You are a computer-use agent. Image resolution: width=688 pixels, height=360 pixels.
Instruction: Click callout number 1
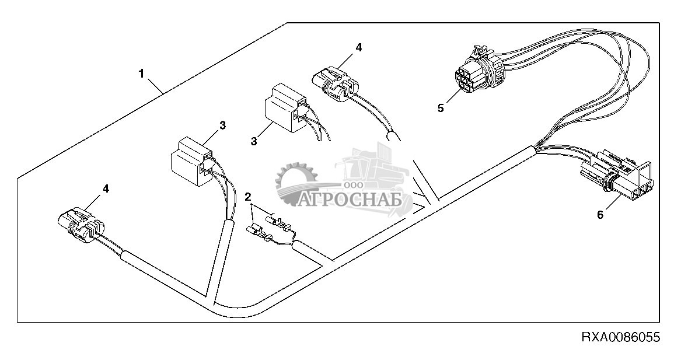[x=141, y=74]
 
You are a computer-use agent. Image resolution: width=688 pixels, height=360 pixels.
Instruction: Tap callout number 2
[x=249, y=195]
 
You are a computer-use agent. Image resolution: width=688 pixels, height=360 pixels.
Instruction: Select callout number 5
[x=441, y=107]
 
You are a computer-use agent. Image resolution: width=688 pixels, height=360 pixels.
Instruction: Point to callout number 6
[x=600, y=214]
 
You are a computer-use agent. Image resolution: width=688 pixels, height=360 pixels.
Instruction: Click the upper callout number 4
[x=359, y=47]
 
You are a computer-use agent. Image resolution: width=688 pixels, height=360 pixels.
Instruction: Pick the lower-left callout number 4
[x=105, y=188]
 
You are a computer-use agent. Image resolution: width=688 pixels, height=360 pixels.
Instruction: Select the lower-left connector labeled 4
[x=81, y=223]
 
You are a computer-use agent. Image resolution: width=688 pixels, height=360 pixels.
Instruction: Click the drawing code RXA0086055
[x=620, y=337]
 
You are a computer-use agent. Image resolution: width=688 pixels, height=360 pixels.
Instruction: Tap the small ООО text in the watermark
[x=352, y=186]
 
